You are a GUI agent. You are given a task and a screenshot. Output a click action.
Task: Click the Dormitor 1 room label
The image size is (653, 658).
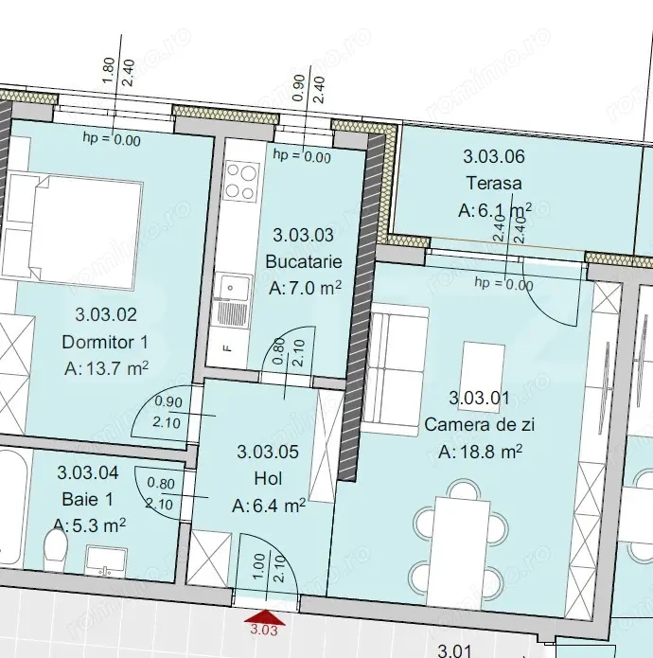pyautogui.click(x=105, y=342)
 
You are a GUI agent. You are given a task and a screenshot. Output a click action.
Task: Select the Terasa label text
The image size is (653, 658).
pyautogui.click(x=494, y=183)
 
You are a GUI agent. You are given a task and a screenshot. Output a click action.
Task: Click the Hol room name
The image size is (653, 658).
pyautogui.click(x=268, y=479)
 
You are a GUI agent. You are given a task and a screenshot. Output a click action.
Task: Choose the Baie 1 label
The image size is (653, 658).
pyautogui.click(x=88, y=495)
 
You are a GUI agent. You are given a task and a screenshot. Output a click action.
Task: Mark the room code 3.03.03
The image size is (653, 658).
pyautogui.click(x=304, y=234)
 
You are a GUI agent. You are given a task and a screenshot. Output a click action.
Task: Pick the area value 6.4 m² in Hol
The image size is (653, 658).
pyautogui.click(x=269, y=507)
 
